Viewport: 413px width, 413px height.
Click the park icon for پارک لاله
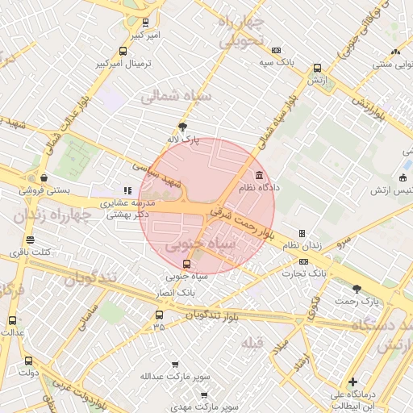pyautogui.click(x=182, y=126)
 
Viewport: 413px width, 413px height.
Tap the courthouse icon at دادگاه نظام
pyautogui.click(x=259, y=175)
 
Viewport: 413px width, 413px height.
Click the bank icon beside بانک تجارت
pyautogui.click(x=303, y=261)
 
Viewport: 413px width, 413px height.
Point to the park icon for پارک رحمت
pyautogui.click(x=357, y=288)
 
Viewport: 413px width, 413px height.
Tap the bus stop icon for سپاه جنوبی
pyautogui.click(x=187, y=263)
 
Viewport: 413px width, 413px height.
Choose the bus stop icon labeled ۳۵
pyautogui.click(x=158, y=315)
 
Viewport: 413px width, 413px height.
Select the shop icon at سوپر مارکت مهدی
pyautogui.click(x=204, y=395)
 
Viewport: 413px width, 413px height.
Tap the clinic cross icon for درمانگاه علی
pyautogui.click(x=352, y=382)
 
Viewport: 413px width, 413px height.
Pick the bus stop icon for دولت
pyautogui.click(x=29, y=361)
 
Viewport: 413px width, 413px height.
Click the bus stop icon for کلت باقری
pyautogui.click(x=31, y=240)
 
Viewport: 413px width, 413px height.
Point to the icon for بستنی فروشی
pyautogui.click(x=43, y=178)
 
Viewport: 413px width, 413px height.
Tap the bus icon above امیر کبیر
pyautogui.click(x=145, y=23)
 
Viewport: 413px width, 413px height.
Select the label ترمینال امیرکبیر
pyautogui.click(x=123, y=63)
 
